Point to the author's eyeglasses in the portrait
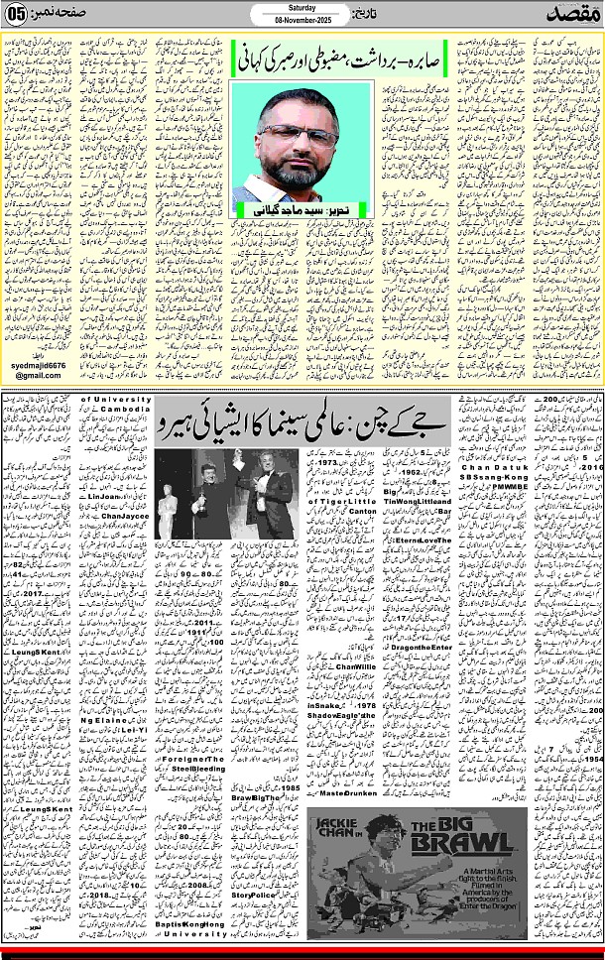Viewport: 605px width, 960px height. tap(295, 134)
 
